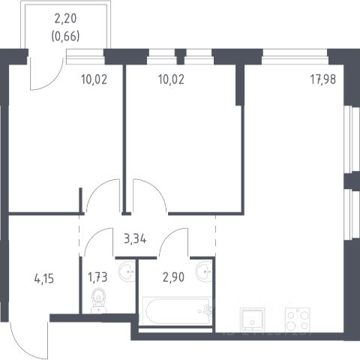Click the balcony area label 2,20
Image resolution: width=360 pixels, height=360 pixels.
pyautogui.click(x=65, y=19)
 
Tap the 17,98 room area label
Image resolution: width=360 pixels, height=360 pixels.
pyautogui.click(x=323, y=79)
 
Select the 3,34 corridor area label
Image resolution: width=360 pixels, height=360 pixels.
pyautogui.click(x=135, y=239)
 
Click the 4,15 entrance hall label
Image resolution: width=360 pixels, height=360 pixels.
pyautogui.click(x=44, y=278)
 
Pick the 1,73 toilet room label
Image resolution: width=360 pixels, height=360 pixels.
pyautogui.click(x=97, y=277)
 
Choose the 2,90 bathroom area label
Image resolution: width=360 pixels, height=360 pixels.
pyautogui.click(x=173, y=277)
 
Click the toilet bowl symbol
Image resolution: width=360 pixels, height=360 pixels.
pyautogui.click(x=98, y=301)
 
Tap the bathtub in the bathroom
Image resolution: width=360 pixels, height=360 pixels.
pyautogui.click(x=176, y=310)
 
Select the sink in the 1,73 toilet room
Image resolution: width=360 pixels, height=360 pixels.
pyautogui.click(x=127, y=271)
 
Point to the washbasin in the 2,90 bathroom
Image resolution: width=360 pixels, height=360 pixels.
pyautogui.click(x=204, y=271)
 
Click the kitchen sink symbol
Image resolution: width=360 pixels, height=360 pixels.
pyautogui.click(x=252, y=319)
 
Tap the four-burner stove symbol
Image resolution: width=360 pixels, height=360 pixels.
pyautogui.click(x=298, y=319)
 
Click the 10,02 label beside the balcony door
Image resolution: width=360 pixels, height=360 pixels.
pyautogui.click(x=94, y=79)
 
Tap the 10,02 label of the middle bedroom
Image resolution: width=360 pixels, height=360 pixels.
pyautogui.click(x=171, y=79)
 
